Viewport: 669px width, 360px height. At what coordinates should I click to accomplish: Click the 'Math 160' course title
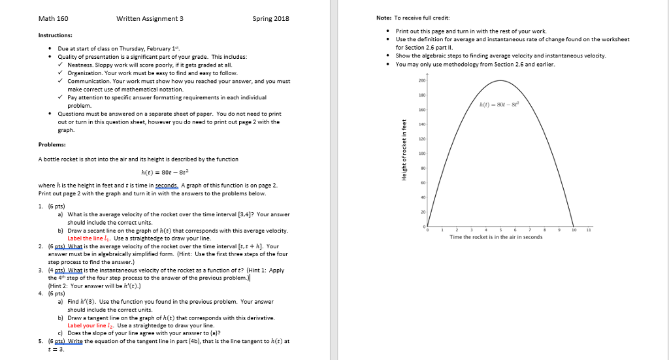(x=53, y=18)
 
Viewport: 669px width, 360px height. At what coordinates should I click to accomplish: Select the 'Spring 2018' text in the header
(x=270, y=18)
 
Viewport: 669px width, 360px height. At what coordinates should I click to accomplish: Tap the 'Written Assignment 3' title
(x=150, y=18)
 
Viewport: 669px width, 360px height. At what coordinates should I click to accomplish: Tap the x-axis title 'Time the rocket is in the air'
(x=496, y=238)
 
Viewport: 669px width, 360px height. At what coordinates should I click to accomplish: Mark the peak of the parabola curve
(x=500, y=80)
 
